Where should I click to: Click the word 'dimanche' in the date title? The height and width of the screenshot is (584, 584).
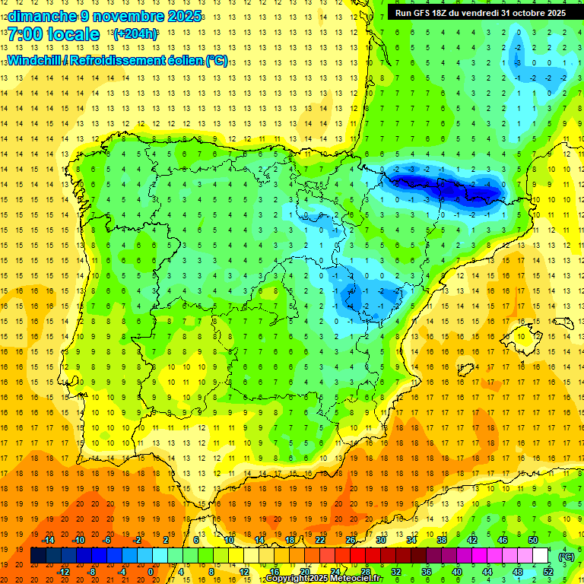click(x=38, y=16)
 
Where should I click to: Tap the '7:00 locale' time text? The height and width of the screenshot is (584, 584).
click(x=53, y=34)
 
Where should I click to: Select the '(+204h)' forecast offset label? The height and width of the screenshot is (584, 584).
click(x=135, y=34)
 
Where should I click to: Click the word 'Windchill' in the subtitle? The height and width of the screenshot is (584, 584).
click(x=36, y=60)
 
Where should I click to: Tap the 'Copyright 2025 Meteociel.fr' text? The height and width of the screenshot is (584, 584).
click(x=323, y=579)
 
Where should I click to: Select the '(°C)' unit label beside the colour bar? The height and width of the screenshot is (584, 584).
click(x=566, y=557)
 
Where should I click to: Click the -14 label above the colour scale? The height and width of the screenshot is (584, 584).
click(x=48, y=540)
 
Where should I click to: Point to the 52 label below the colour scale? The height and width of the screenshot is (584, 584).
click(x=548, y=572)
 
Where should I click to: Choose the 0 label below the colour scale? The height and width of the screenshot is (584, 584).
click(x=150, y=572)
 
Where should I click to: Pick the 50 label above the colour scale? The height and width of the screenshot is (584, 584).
click(x=533, y=540)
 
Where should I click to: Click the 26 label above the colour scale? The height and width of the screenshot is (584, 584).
click(x=351, y=540)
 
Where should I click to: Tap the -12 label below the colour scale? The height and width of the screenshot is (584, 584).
click(x=63, y=572)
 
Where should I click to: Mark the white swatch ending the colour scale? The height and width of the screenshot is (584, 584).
click(x=541, y=556)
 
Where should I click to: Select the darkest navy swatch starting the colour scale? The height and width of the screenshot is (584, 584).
click(x=38, y=556)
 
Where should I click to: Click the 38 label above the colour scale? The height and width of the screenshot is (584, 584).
click(x=442, y=540)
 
